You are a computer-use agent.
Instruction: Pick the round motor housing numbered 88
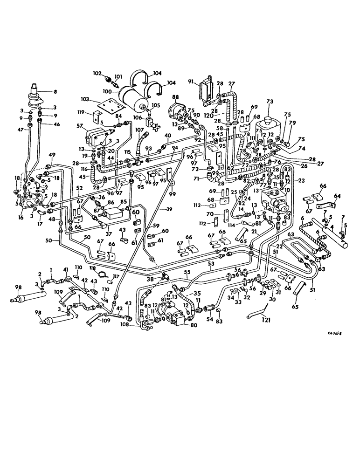[178, 113]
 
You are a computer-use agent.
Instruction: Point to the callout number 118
[93, 269]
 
